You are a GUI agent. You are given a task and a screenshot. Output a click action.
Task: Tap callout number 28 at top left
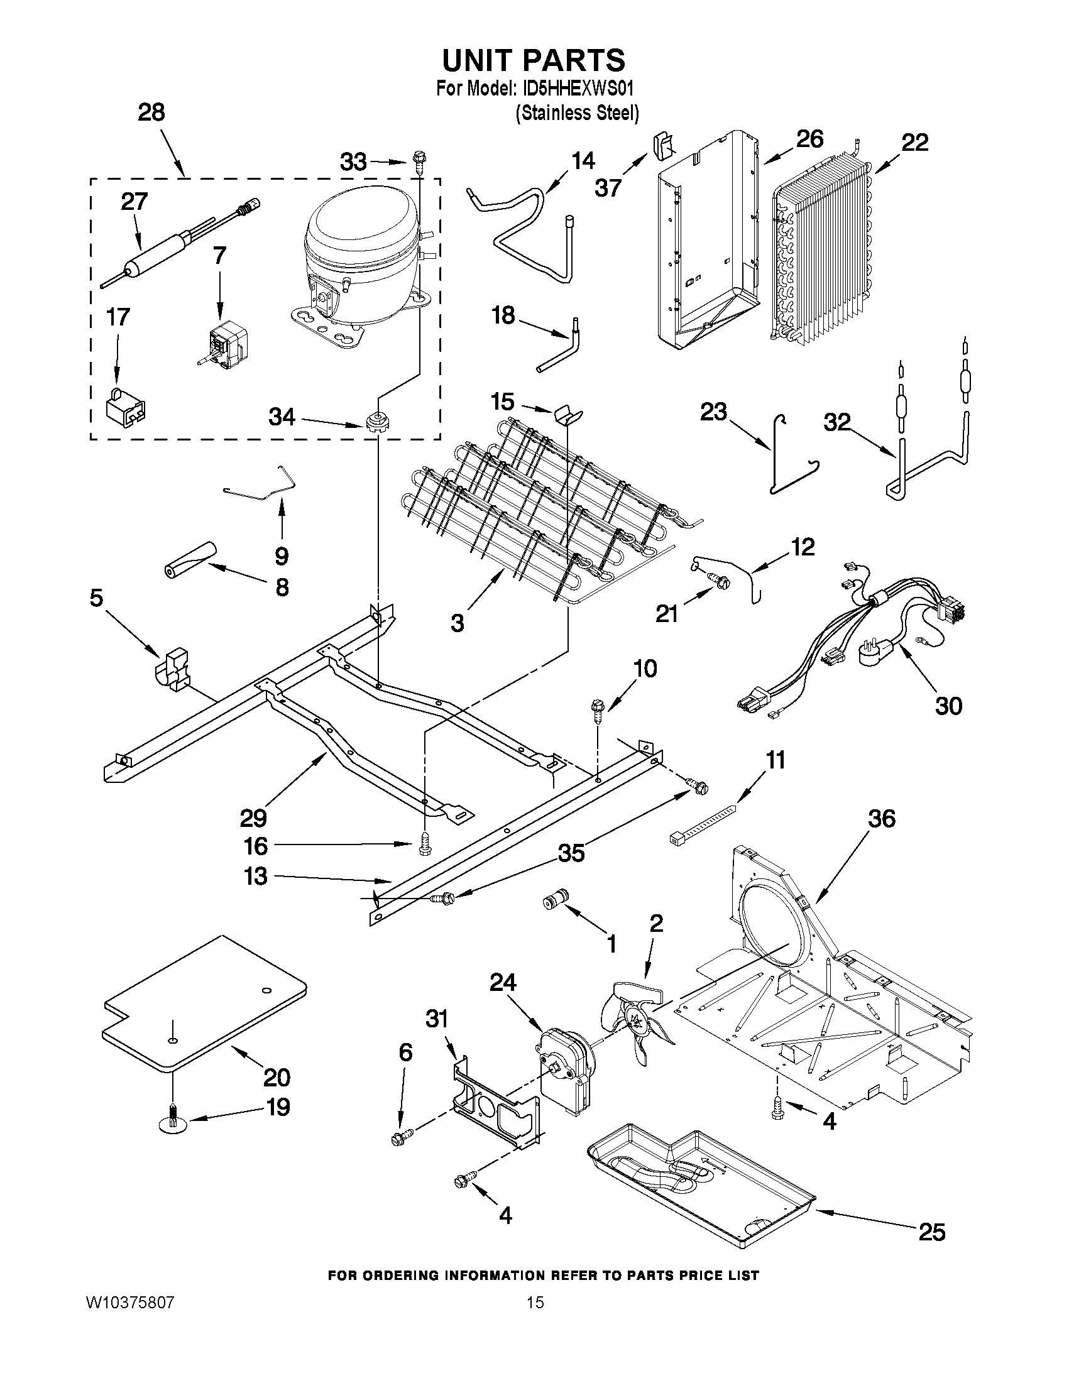151,112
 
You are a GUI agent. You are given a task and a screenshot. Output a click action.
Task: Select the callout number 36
882,819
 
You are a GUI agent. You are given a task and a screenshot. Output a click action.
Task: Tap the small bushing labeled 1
556,900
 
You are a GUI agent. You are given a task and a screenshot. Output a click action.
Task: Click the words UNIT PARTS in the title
533,60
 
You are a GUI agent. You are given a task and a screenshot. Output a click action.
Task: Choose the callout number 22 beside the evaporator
914,143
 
